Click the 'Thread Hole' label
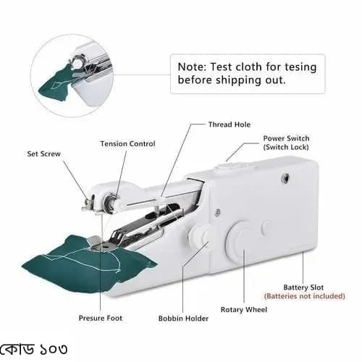point(230,125)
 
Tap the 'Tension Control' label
point(127,144)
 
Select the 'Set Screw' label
point(43,154)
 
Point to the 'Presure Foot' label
point(101,318)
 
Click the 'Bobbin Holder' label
point(183,319)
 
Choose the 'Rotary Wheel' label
point(244,310)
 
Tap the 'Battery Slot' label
point(303,287)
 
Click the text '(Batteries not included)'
point(304,296)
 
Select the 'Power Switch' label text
point(286,138)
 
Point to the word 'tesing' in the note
point(300,67)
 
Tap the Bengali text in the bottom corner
point(34,349)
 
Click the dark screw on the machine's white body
point(286,178)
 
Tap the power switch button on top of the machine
point(232,167)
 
